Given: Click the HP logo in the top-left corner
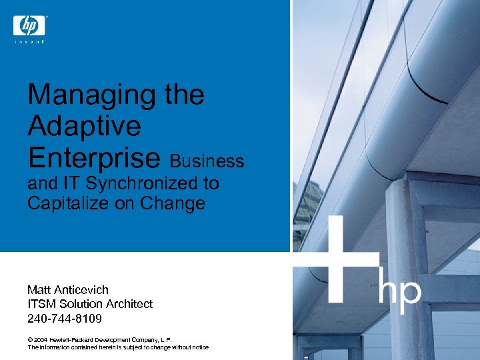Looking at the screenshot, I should coord(29,26).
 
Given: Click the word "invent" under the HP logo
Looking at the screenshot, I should coord(29,43).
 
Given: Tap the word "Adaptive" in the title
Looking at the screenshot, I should coord(84,125).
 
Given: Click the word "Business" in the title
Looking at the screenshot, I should coord(207,161).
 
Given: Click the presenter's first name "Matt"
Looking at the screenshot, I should coord(39,290).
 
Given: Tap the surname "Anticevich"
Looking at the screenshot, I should coord(81,290).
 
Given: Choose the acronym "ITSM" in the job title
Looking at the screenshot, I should coord(43,304).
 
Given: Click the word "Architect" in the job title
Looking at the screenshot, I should coord(127,304).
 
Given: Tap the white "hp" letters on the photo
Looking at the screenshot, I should coord(400,292).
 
